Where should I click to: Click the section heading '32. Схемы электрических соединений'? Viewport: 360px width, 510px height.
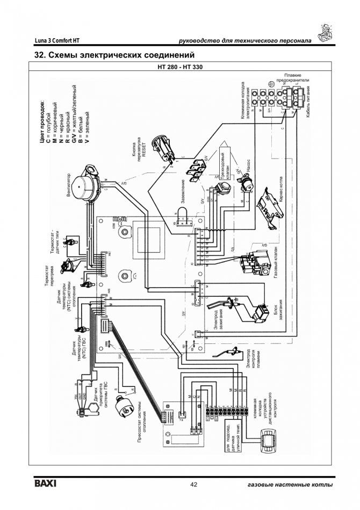click(x=113, y=55)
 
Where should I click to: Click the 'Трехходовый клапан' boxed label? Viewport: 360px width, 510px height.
click(x=226, y=160)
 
